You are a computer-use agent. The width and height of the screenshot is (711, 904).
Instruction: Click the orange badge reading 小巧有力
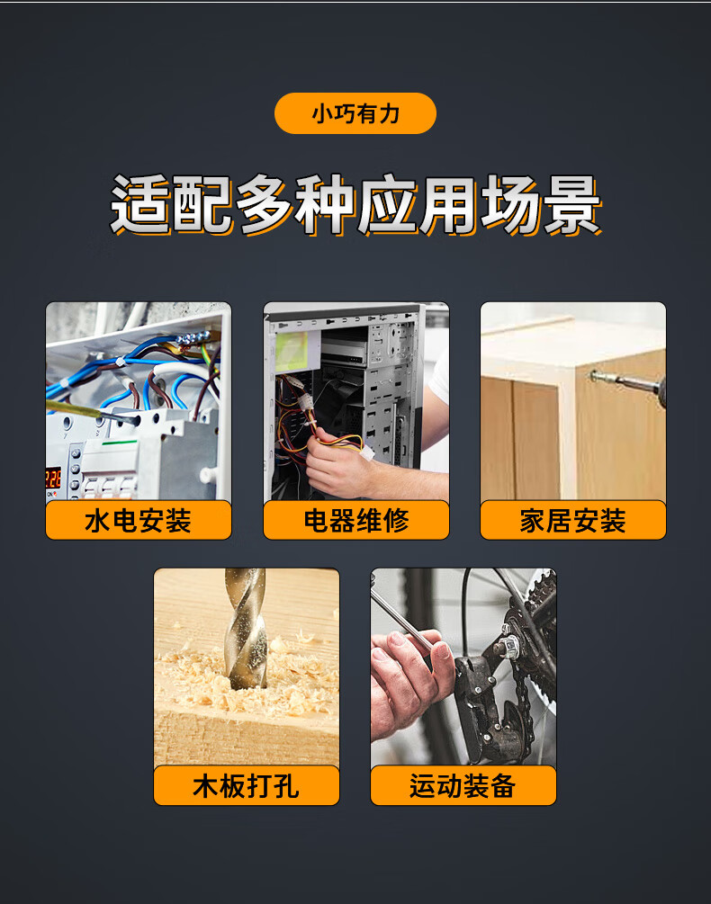355,113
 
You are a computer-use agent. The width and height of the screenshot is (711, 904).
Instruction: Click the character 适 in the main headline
141,205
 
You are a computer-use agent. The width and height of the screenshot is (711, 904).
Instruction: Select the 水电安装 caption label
139,520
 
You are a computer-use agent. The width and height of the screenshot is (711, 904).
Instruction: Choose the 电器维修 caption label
356,520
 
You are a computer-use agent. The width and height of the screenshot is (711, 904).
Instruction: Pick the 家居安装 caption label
573,520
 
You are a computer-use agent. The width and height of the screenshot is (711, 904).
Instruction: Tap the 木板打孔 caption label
247,785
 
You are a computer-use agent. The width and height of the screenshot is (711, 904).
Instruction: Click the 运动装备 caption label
463,785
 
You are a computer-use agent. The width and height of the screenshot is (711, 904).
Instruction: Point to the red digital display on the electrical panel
53,479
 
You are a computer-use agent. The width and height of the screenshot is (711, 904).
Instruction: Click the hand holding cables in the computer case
337,461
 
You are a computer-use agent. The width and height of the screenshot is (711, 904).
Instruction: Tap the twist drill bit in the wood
247,629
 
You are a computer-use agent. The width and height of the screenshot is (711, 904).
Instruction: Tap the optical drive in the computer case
344,352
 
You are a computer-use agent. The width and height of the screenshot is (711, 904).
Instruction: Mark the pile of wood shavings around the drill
247,680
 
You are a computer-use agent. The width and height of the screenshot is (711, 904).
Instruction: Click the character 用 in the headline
448,205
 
